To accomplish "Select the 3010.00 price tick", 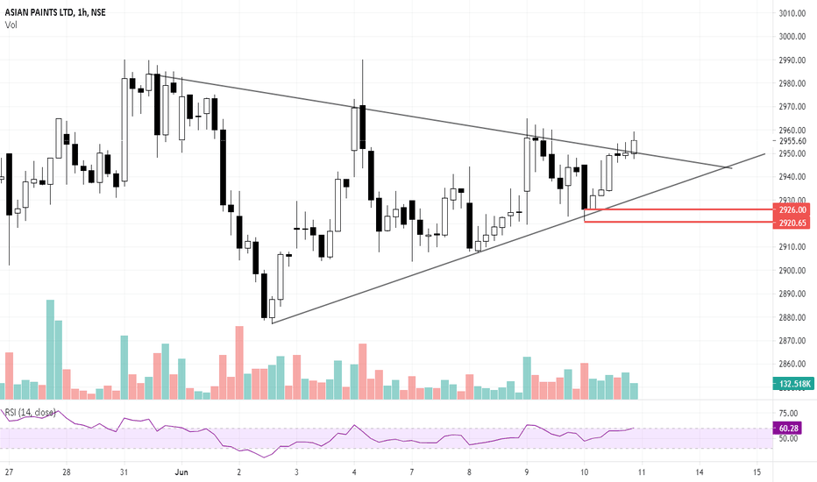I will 792,13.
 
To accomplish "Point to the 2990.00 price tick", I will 792,60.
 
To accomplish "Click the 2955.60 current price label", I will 792,141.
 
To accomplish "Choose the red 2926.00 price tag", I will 792,210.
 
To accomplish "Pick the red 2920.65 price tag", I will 792,223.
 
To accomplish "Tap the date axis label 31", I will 124,471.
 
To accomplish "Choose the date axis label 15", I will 757,471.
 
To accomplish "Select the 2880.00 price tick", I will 792,317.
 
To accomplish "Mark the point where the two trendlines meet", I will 729,167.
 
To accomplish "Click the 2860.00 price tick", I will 792,364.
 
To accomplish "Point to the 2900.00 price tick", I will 792,271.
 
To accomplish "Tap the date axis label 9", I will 527,471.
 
